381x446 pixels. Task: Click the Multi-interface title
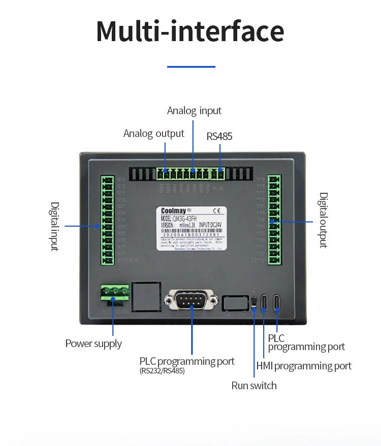tap(190, 31)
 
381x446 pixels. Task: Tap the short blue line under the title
tap(191, 66)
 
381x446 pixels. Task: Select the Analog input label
tap(194, 111)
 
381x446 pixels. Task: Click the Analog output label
tap(154, 133)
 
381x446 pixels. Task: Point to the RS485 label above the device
tap(219, 136)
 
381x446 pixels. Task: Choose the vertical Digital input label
tap(54, 226)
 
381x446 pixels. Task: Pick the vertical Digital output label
tap(323, 220)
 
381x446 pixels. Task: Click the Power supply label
tap(93, 344)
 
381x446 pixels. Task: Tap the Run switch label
tap(254, 386)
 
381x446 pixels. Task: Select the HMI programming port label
tap(304, 366)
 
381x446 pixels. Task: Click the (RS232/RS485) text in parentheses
tap(162, 371)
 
